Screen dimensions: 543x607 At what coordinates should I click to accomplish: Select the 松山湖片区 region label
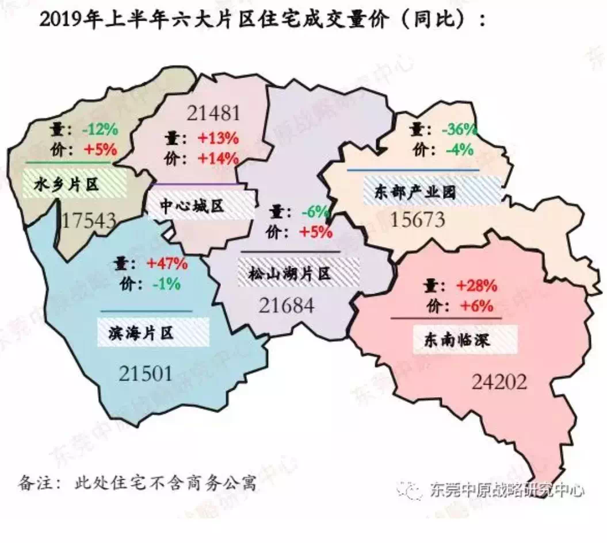(x=291, y=274)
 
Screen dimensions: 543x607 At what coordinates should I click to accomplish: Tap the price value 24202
(x=499, y=382)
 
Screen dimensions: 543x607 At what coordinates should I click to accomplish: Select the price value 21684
(x=287, y=305)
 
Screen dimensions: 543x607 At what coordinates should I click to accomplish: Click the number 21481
(x=213, y=113)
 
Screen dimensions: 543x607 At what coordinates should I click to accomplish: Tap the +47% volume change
(x=167, y=264)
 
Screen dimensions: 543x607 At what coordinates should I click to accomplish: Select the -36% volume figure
(x=459, y=130)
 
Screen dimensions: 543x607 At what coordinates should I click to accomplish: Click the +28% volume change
(x=477, y=286)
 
